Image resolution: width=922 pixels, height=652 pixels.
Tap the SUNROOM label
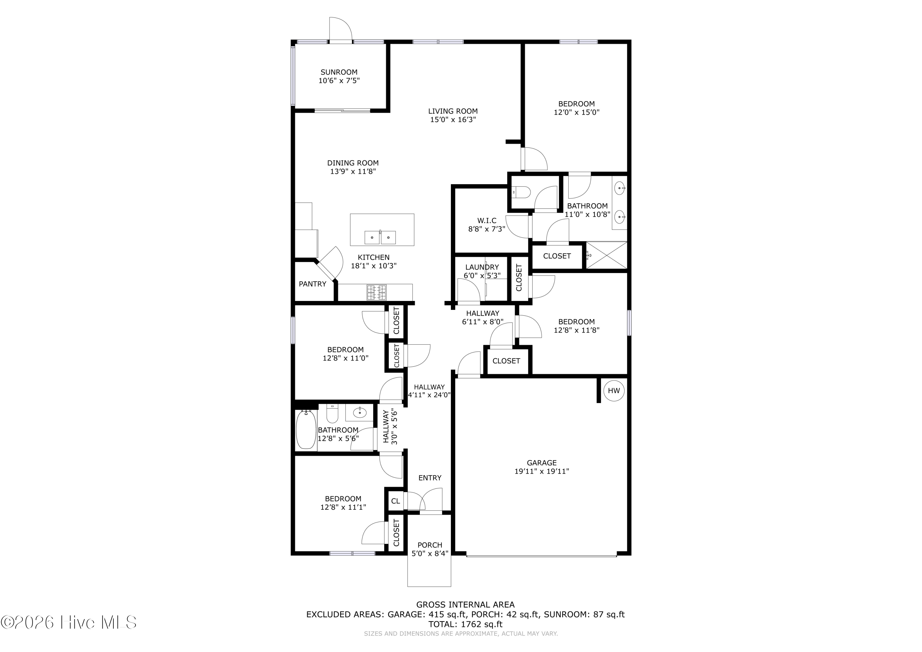(339, 72)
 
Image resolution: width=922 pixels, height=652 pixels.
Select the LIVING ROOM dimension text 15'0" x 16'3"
(453, 120)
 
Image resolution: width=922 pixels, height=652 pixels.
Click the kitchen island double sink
(380, 237)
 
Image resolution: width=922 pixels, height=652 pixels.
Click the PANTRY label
(313, 284)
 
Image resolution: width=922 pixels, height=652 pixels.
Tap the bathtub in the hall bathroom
(306, 429)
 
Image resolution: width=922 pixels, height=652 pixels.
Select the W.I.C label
(487, 220)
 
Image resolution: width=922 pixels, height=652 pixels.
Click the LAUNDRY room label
(482, 267)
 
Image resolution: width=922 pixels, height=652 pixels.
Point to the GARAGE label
(542, 463)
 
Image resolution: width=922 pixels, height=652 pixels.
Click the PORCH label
(430, 545)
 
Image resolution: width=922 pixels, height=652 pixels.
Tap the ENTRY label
(430, 478)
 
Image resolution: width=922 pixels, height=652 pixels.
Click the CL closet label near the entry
(396, 501)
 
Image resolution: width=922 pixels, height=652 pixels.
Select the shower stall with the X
(606, 255)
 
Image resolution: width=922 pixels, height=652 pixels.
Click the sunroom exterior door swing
(341, 29)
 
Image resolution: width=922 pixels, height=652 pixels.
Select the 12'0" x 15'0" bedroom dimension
(576, 113)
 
